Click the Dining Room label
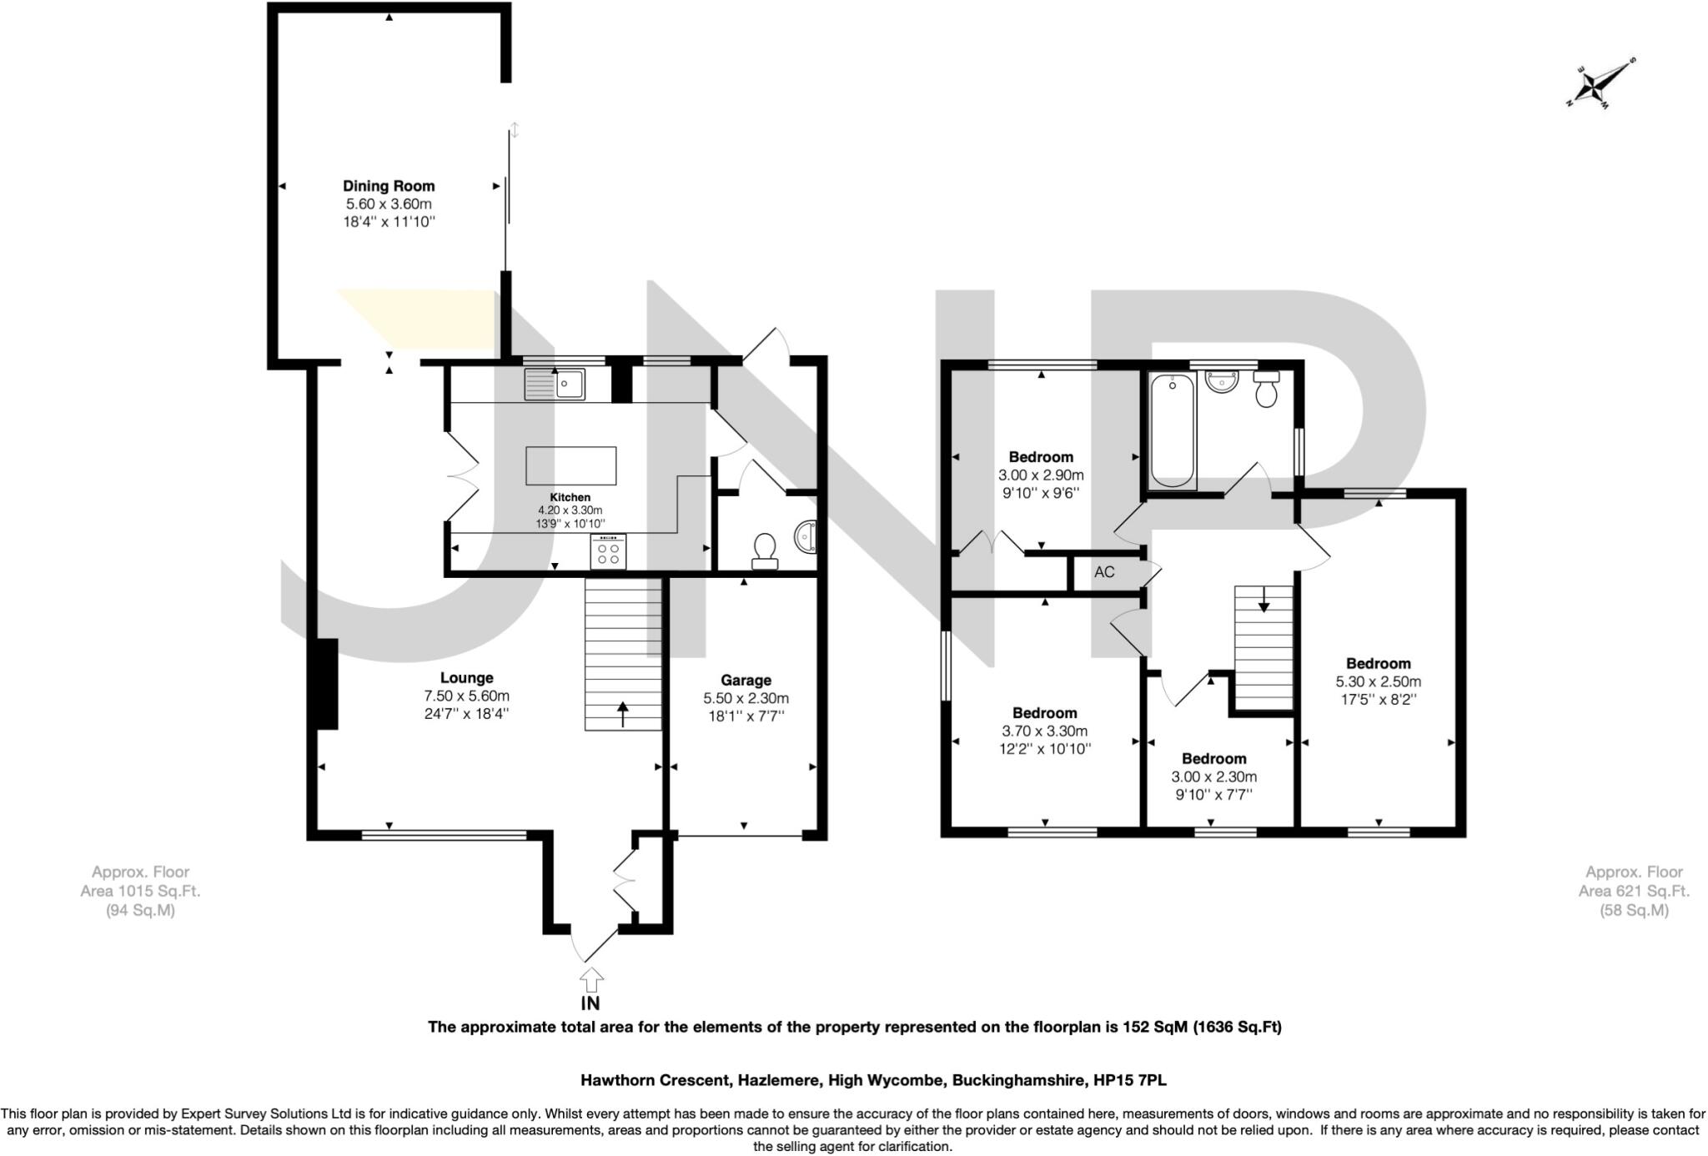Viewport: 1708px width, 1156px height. tap(389, 186)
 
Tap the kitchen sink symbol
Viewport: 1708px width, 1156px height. tap(555, 384)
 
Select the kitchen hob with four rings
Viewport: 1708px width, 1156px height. tap(608, 552)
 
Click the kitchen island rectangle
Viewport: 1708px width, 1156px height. tap(571, 465)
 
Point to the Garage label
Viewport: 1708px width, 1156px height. tap(746, 681)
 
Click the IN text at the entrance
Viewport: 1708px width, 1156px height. tap(590, 1003)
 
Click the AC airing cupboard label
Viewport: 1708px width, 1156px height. tap(1104, 572)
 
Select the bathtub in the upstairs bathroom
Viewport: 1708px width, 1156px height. tap(1173, 430)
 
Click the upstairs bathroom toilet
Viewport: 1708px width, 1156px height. tap(1266, 390)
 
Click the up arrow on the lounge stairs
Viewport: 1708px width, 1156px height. tap(622, 713)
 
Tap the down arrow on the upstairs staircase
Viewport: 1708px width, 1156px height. tap(1263, 599)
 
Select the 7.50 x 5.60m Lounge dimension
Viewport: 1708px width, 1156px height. tap(466, 696)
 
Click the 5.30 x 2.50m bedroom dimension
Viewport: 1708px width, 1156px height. tap(1378, 681)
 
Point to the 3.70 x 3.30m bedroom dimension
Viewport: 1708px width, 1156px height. tap(1044, 731)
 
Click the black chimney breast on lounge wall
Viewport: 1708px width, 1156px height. tap(326, 684)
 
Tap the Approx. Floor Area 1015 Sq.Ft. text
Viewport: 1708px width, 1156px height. tap(140, 891)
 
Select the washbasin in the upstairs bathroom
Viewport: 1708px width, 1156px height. tap(1222, 383)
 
